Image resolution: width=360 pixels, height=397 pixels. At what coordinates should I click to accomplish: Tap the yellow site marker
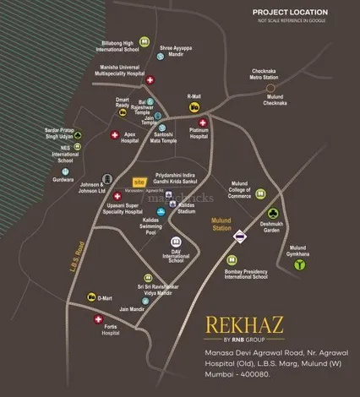pyautogui.click(x=141, y=182)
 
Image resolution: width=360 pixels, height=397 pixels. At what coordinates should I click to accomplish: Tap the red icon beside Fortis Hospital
pyautogui.click(x=95, y=318)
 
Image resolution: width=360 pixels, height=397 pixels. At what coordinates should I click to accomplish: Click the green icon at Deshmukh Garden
pyautogui.click(x=272, y=214)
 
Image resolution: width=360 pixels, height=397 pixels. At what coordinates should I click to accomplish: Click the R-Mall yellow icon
pyautogui.click(x=194, y=107)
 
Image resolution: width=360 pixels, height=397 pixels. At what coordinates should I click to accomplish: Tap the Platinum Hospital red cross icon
pyautogui.click(x=202, y=122)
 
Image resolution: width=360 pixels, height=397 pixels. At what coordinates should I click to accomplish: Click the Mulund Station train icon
pyautogui.click(x=240, y=237)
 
